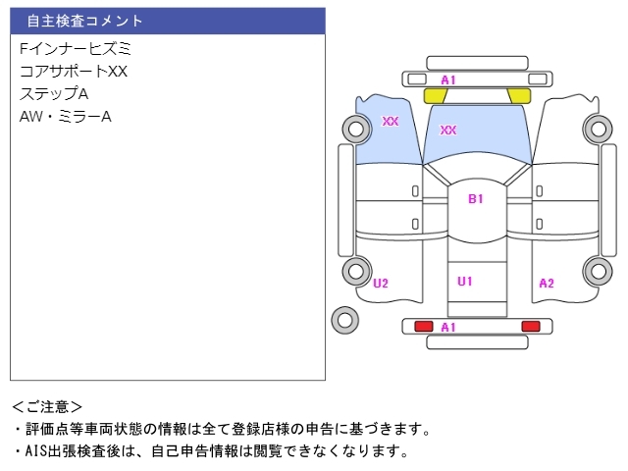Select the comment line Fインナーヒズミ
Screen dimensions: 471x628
point(75,48)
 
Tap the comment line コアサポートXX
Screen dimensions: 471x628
point(74,71)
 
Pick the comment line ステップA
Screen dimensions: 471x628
point(54,93)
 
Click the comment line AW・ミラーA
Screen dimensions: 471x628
point(65,117)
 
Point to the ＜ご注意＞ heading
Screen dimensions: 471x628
point(47,406)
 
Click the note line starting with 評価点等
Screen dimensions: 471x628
point(220,429)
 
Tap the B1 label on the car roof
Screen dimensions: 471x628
point(476,199)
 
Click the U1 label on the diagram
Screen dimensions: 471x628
point(465,282)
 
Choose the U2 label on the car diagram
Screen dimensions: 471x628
point(381,284)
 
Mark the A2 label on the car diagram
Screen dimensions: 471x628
point(547,284)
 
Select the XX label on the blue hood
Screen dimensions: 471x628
point(448,130)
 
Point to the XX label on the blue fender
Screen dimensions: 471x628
point(391,122)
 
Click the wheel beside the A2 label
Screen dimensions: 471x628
point(597,272)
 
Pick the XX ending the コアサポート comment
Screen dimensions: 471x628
point(118,71)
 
